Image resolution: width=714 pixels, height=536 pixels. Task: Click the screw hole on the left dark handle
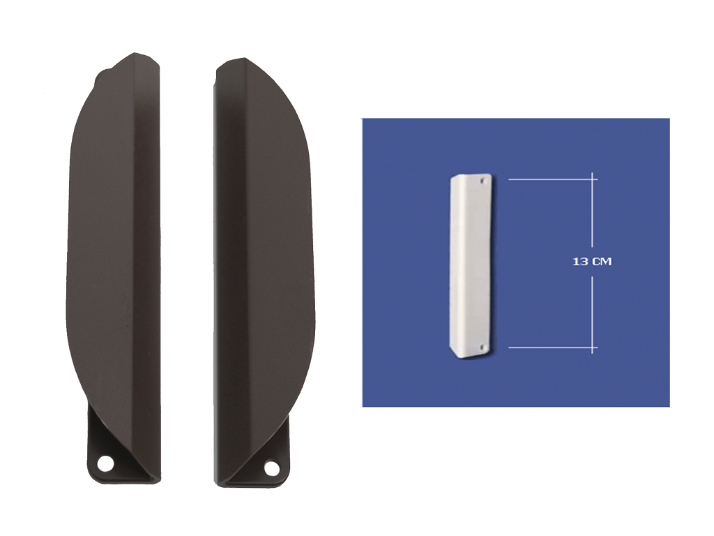tap(106, 463)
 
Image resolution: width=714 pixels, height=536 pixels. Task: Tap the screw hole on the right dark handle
tap(271, 468)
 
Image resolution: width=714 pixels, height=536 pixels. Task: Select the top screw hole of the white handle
tap(483, 181)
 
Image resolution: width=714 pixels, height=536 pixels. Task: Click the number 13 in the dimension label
tap(579, 262)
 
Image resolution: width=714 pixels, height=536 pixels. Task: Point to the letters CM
tap(601, 262)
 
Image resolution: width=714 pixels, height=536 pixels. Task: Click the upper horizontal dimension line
tap(553, 179)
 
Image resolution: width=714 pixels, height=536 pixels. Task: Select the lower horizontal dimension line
tap(553, 348)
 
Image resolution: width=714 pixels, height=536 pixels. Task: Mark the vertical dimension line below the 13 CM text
tap(592, 315)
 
